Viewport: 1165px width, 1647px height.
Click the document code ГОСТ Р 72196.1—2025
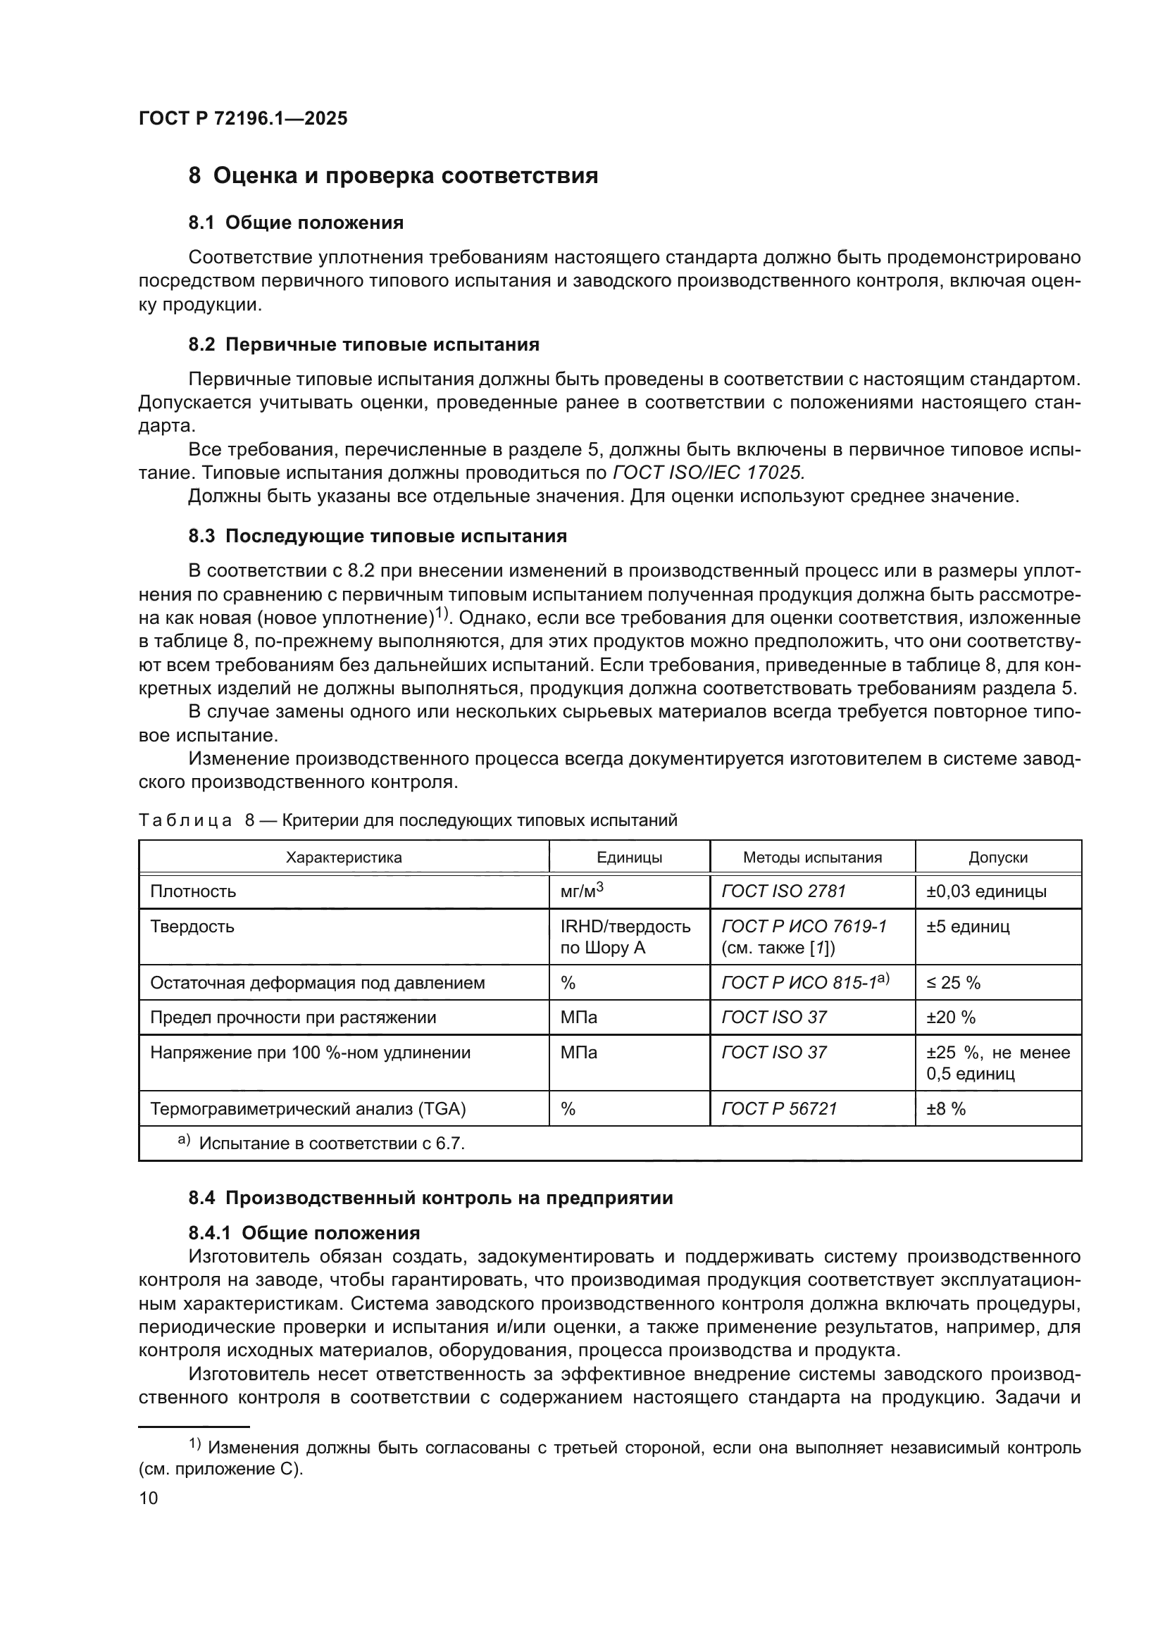click(x=242, y=118)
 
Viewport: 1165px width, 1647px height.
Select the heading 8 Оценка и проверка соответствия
click(x=392, y=176)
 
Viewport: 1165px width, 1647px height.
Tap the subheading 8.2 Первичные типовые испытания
click(x=363, y=344)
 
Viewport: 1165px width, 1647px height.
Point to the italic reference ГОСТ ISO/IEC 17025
click(x=708, y=472)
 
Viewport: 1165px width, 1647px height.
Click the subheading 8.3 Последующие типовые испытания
click(x=378, y=536)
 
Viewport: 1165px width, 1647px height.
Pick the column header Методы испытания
click(x=812, y=857)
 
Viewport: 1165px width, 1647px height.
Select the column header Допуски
click(x=998, y=857)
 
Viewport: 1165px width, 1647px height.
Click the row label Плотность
click(x=193, y=891)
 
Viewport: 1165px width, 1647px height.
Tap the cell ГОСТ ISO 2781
click(x=783, y=891)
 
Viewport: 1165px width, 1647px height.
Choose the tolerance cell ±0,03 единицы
click(x=985, y=891)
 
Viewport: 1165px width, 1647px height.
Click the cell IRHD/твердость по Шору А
click(x=625, y=937)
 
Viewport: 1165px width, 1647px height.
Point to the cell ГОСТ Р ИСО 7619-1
click(x=804, y=926)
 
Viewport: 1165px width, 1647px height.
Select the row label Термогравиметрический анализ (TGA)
click(x=308, y=1109)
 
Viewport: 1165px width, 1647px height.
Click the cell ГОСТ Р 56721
click(x=779, y=1108)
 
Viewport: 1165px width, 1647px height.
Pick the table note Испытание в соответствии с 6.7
click(x=332, y=1144)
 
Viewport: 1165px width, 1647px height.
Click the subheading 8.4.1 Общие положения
click(x=304, y=1232)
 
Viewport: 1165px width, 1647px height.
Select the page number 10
click(x=148, y=1498)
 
